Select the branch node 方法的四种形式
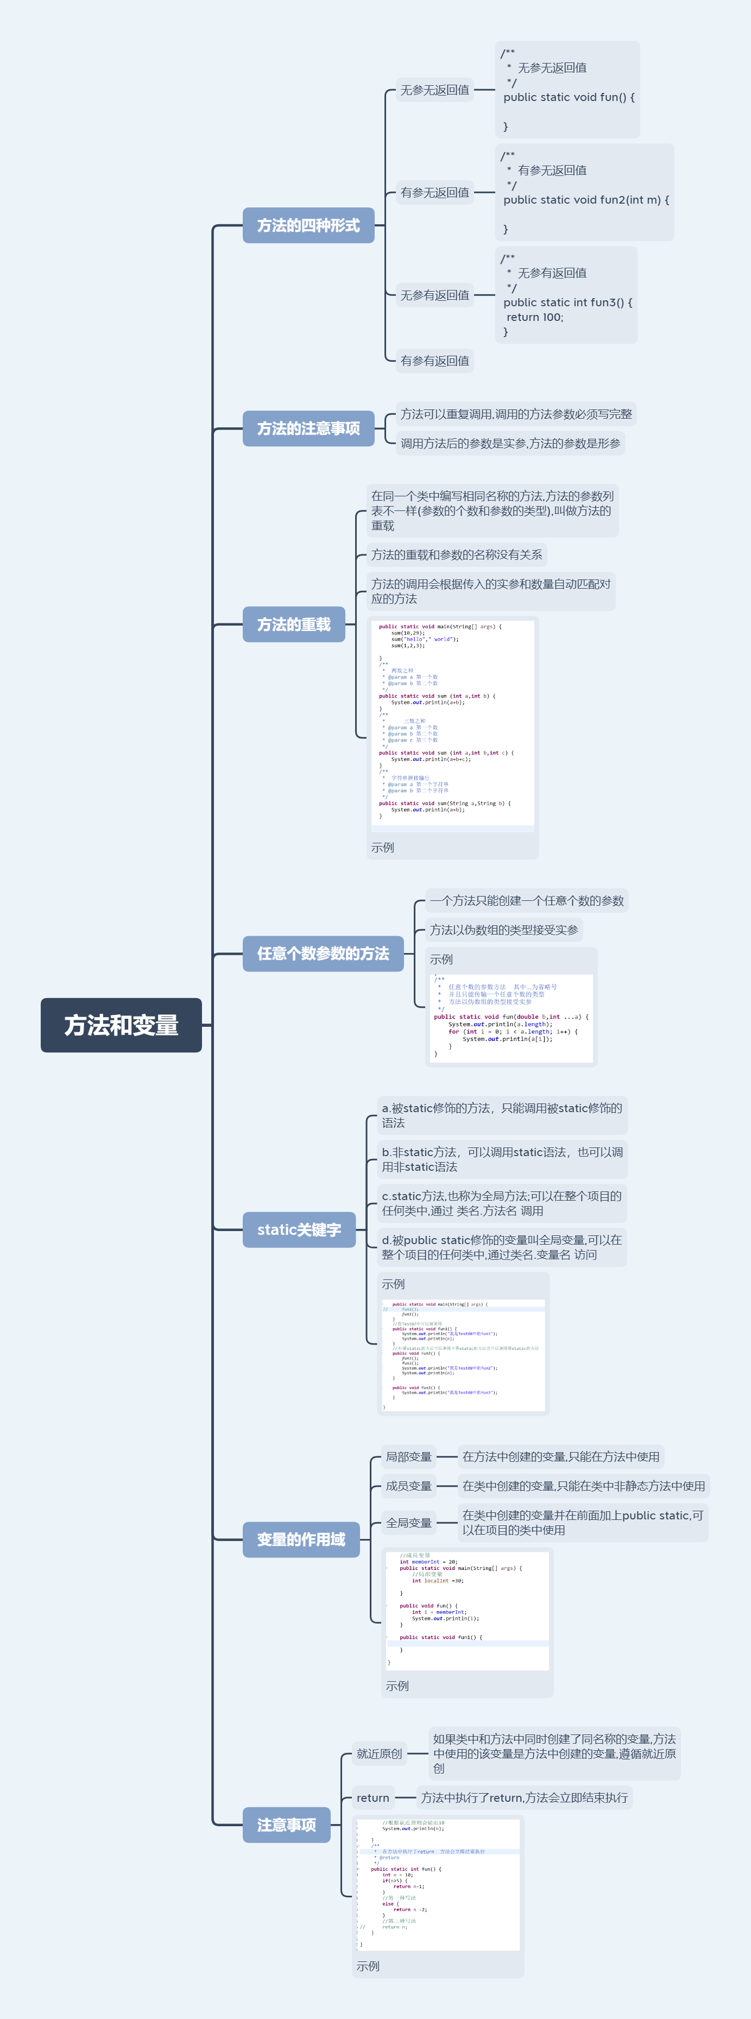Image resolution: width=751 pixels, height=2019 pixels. coord(308,226)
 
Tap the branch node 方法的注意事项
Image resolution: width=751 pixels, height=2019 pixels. coord(308,428)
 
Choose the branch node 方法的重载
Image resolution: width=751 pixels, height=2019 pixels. coord(294,624)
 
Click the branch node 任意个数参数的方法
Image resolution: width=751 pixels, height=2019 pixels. coord(323,954)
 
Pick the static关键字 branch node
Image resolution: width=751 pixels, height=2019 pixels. coord(299,1230)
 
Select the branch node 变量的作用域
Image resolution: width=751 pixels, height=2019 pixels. coord(301,1540)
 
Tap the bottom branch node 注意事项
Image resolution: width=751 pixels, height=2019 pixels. coord(286,1825)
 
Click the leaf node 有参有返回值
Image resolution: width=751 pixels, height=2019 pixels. coord(435,361)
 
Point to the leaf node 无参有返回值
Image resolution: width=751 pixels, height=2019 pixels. coord(435,295)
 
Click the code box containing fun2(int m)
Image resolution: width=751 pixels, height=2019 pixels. coord(585,193)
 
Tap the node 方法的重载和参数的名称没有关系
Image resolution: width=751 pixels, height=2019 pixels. coord(456,555)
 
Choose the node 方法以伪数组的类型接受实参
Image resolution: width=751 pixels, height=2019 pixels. coord(503,930)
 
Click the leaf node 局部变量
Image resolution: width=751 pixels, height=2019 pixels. coord(408,1457)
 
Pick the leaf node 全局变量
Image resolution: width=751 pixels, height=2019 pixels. coord(408,1523)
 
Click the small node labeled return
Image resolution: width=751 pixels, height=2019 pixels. coord(373,1798)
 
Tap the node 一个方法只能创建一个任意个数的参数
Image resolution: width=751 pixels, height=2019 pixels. coord(526,900)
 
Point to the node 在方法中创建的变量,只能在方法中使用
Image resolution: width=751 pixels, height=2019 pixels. coord(560,1457)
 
